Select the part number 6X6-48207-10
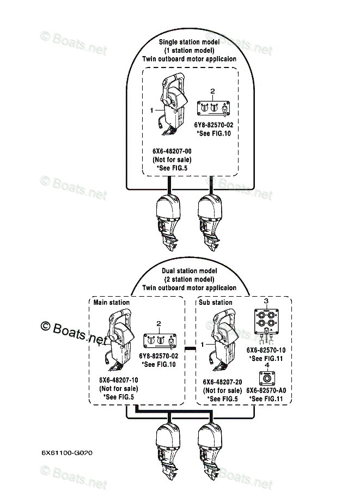point(118,381)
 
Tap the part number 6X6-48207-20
point(222,382)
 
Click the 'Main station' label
point(112,302)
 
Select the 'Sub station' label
point(215,302)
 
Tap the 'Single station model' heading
point(189,41)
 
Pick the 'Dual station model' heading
point(189,271)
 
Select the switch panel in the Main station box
point(158,341)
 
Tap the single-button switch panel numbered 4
point(266,377)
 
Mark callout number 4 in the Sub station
point(266,365)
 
